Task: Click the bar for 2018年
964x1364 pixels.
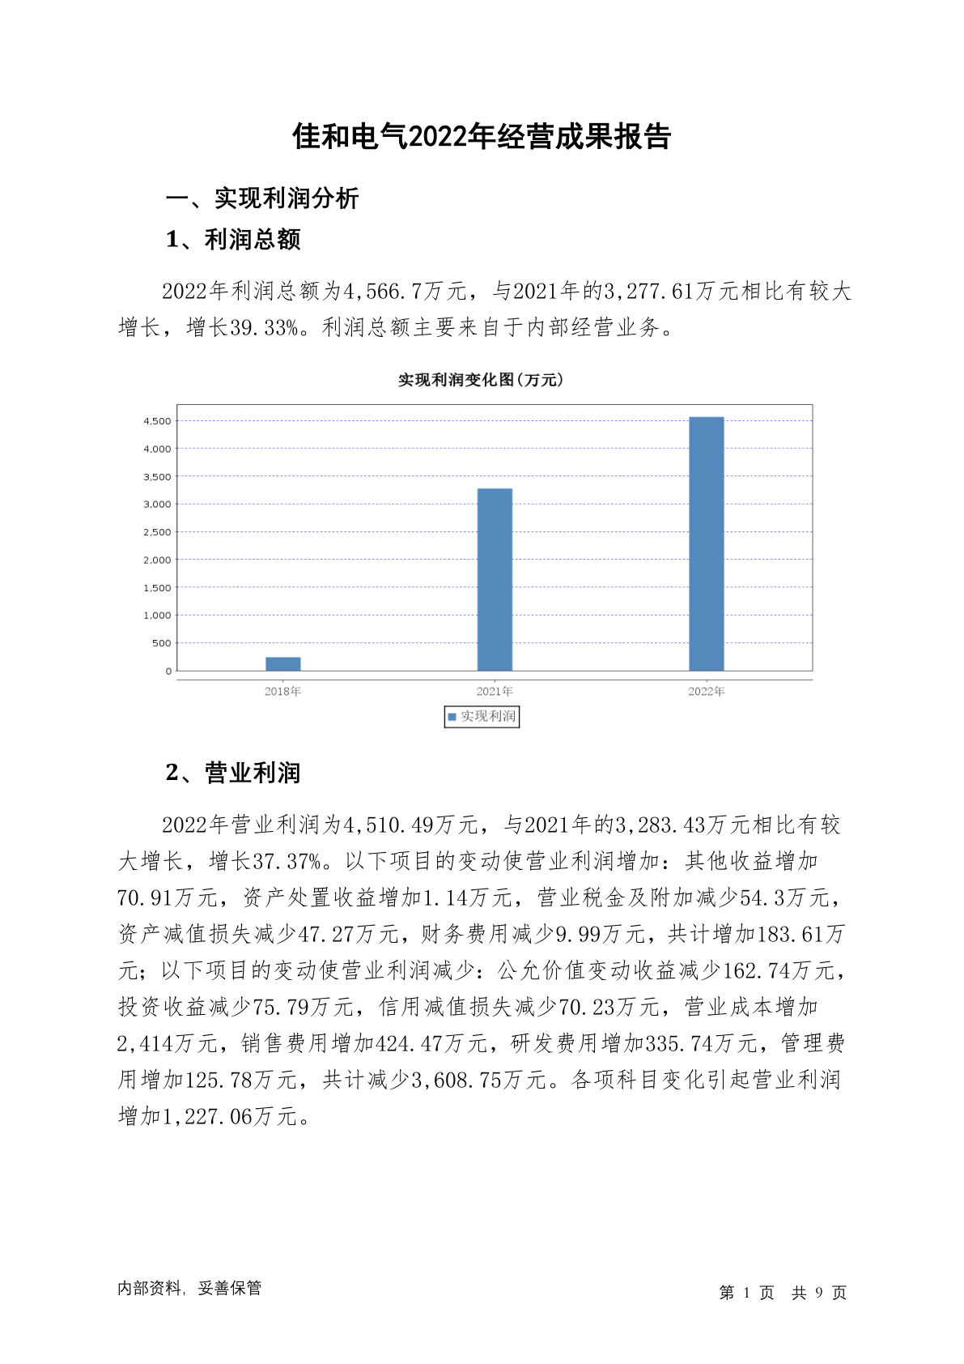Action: (283, 664)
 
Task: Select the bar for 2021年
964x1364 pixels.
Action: (495, 579)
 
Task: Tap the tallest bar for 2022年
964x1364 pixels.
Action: (706, 543)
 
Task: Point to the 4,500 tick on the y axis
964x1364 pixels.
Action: (157, 421)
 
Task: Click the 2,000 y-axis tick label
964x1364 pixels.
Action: (157, 560)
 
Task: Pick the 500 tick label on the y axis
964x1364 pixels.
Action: (162, 643)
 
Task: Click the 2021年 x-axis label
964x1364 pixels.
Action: (495, 692)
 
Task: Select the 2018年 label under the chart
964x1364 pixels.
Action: (283, 692)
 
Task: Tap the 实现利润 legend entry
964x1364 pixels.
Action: (482, 717)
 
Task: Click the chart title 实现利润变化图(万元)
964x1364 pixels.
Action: (481, 380)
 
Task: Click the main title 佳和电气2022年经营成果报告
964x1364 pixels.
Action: (482, 137)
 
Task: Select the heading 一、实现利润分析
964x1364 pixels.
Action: (262, 198)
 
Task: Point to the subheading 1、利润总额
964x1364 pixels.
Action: (233, 240)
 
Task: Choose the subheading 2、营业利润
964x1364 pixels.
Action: (233, 773)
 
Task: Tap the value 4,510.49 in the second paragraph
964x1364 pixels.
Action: (389, 825)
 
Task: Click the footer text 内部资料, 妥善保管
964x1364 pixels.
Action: (189, 1289)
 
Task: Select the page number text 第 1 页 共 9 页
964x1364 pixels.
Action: (783, 1293)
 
